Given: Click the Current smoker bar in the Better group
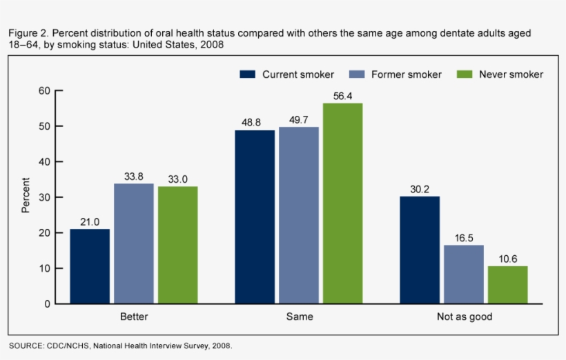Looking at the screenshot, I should [90, 266].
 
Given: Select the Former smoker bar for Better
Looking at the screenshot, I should [134, 243].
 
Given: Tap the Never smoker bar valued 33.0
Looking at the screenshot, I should [177, 245].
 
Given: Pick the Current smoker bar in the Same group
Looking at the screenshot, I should [255, 217].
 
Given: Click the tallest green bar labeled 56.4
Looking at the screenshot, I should [342, 203].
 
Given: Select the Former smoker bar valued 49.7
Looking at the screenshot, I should [299, 215].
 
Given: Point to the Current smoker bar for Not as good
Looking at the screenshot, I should [420, 250].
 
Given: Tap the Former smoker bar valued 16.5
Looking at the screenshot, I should [464, 274].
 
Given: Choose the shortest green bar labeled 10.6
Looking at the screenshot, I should [508, 285].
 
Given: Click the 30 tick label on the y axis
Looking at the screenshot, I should [44, 197].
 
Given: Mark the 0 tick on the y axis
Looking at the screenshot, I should [47, 303].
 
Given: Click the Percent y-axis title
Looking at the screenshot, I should [26, 196].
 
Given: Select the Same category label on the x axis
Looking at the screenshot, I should [299, 317].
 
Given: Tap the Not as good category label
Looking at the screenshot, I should [464, 317].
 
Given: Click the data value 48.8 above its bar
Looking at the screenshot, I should [255, 121].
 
